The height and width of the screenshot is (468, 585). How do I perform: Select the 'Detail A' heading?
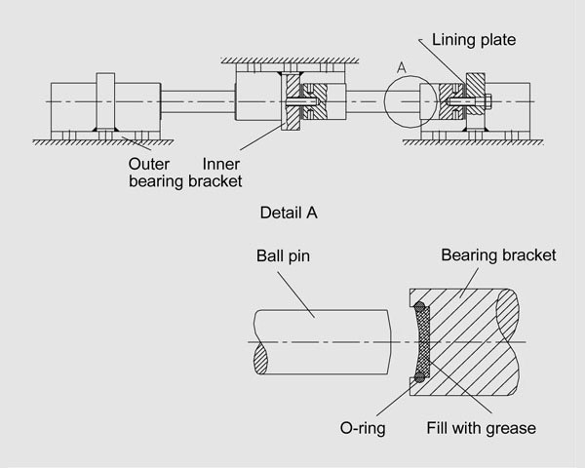click(290, 211)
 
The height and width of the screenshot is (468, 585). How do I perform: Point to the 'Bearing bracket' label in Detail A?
click(498, 255)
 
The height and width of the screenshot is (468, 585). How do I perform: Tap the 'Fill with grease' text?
click(482, 427)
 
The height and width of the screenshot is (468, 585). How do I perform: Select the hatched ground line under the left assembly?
click(94, 141)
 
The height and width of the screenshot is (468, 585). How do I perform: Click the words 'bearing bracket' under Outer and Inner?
click(185, 180)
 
